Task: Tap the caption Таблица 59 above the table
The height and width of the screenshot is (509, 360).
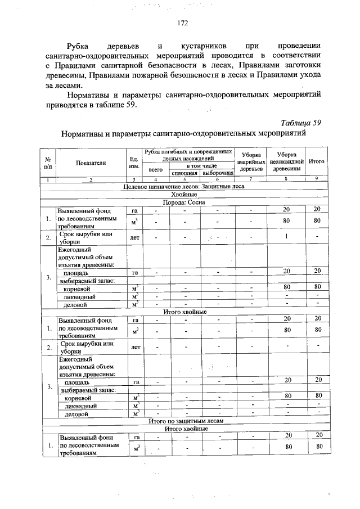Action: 300,123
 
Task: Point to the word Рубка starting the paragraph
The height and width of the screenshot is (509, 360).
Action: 78,44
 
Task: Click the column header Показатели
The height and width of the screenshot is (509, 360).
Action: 90,162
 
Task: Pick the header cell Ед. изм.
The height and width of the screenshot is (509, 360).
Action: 134,162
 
